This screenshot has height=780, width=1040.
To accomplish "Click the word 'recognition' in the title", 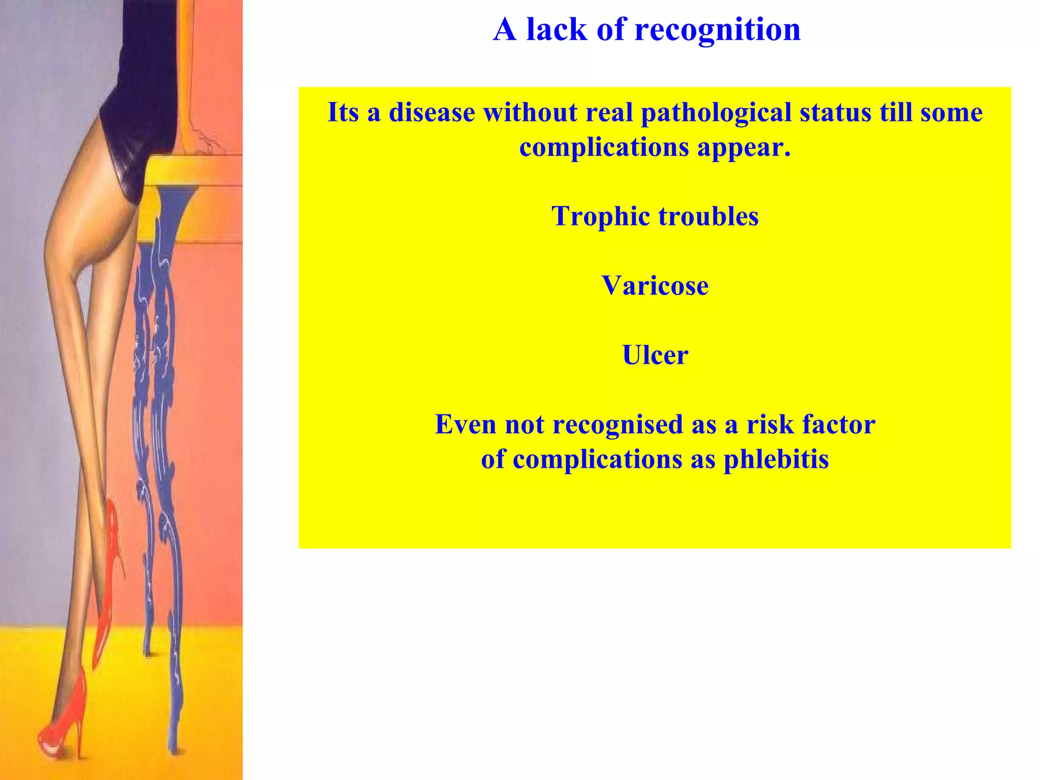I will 718,29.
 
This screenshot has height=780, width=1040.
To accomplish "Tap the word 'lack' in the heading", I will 556,29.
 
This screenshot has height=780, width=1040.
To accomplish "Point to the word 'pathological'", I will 716,112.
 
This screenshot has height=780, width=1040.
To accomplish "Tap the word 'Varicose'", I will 655,285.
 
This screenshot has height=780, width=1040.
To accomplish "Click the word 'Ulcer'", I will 655,355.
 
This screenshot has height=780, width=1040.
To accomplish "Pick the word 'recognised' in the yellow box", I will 617,425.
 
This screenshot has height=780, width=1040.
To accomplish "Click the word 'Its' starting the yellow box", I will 344,112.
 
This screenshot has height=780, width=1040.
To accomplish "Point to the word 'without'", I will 530,112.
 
